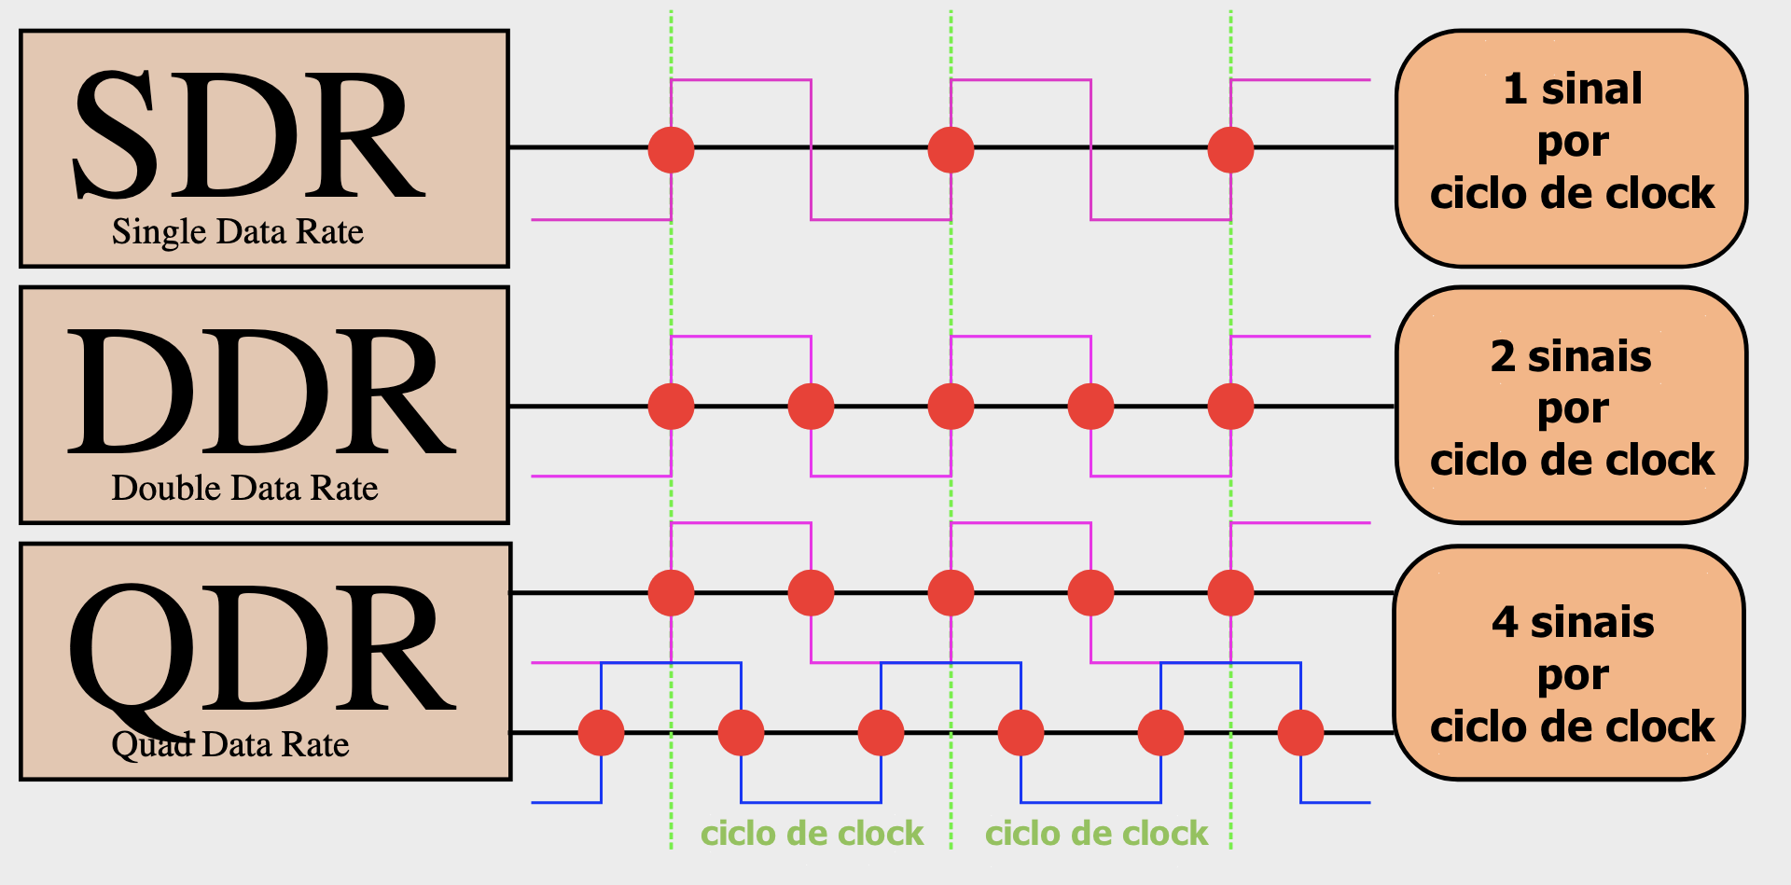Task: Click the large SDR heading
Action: pos(249,135)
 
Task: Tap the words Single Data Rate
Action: pos(238,231)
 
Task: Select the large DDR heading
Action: pos(261,392)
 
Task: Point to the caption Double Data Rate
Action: pos(244,488)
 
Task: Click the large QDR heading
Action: pos(261,653)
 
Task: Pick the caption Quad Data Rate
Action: pos(230,744)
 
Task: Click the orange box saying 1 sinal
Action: pos(1572,148)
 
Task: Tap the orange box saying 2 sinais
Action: pos(1572,405)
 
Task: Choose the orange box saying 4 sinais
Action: pos(1570,662)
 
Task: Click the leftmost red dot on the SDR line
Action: pos(671,149)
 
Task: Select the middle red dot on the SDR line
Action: pos(951,149)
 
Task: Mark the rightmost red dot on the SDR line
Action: pos(1230,149)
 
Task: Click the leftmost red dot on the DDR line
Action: pos(671,406)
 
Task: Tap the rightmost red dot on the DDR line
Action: pos(1230,406)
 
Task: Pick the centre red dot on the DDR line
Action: pos(951,406)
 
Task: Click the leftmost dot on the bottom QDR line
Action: pos(601,732)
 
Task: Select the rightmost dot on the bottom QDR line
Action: pos(1300,732)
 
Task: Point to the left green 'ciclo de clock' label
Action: pos(812,833)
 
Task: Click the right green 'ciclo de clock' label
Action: pos(1096,833)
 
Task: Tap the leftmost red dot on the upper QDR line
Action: pos(671,592)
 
